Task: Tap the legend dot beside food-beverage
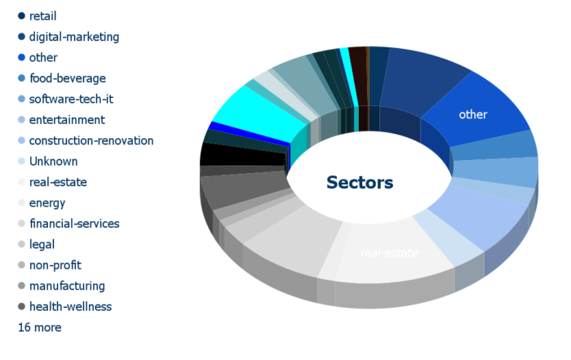[x=21, y=78]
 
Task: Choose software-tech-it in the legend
[x=71, y=99]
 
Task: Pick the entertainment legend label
[x=67, y=120]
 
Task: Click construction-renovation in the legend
[x=91, y=140]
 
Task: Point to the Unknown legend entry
[x=54, y=162]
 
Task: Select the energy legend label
[x=47, y=203]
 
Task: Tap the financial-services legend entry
[x=74, y=224]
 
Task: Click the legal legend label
[x=42, y=245]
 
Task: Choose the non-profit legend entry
[x=55, y=265]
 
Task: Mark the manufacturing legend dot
[x=21, y=286]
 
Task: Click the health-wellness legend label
[x=70, y=307]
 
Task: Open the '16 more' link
[x=40, y=327]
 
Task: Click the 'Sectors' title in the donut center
[x=360, y=182]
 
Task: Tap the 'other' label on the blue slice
[x=473, y=114]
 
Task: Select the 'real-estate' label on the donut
[x=389, y=252]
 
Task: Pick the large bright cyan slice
[x=259, y=112]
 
